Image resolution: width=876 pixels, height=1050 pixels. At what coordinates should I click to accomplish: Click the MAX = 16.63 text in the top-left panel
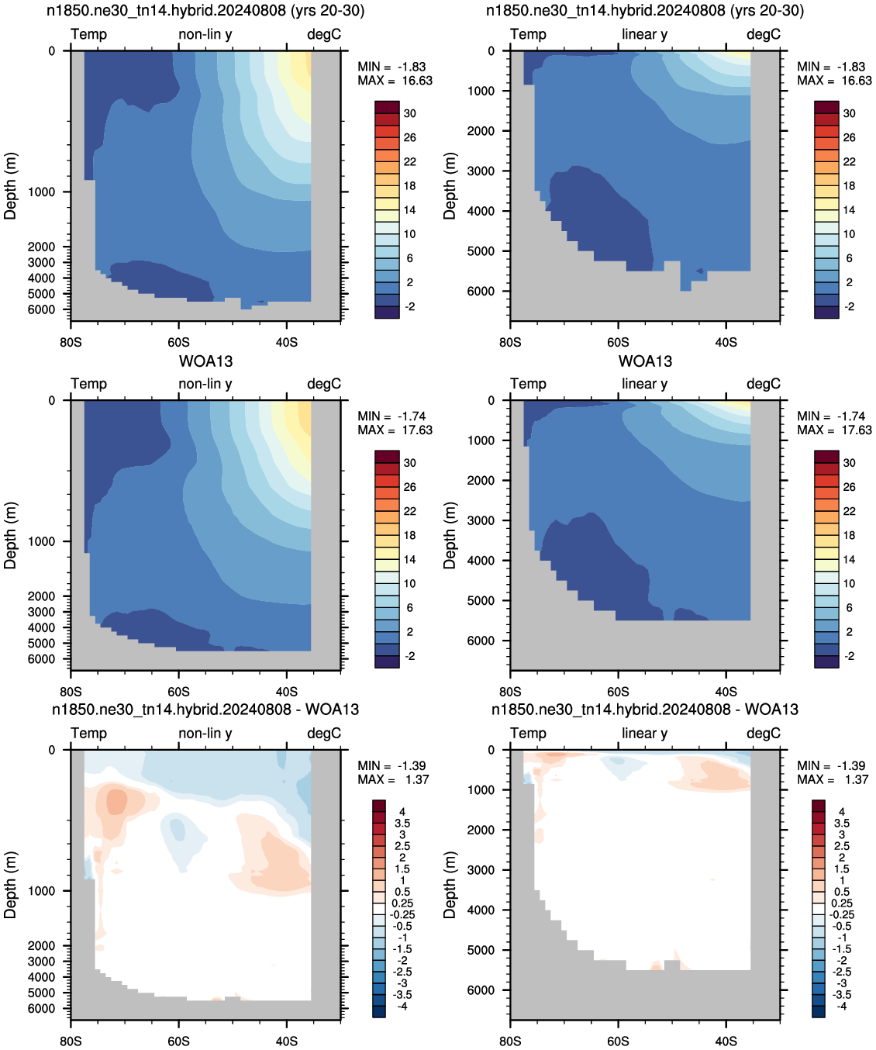pos(395,81)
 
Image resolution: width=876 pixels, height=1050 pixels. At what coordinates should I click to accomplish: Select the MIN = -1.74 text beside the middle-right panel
pos(831,416)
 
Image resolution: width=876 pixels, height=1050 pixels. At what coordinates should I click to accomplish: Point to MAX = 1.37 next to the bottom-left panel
pos(393,779)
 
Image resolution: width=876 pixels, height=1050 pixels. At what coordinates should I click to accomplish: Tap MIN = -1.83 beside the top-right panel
pos(831,67)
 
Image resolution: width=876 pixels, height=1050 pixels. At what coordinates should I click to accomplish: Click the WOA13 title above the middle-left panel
pos(205,361)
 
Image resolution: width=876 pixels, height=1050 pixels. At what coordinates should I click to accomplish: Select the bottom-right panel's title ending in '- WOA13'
pos(645,710)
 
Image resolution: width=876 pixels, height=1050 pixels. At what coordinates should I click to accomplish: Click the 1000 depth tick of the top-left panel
pos(41,192)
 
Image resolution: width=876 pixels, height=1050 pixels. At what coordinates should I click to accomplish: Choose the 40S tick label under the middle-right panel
pos(726,692)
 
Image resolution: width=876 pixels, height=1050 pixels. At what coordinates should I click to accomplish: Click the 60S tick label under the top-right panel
pos(618,342)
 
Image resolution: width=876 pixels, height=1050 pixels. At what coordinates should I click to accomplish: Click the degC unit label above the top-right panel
pos(764,34)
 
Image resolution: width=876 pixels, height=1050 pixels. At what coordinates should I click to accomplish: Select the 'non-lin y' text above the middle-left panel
pos(205,384)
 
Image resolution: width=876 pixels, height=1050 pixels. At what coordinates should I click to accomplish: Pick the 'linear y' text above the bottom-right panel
pos(645,734)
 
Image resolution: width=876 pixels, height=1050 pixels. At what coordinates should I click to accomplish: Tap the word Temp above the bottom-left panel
pos(89,734)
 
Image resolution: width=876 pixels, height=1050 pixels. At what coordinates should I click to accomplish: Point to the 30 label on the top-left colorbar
pos(410,113)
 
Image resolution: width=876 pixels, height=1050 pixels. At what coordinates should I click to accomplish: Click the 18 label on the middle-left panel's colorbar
pos(410,535)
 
